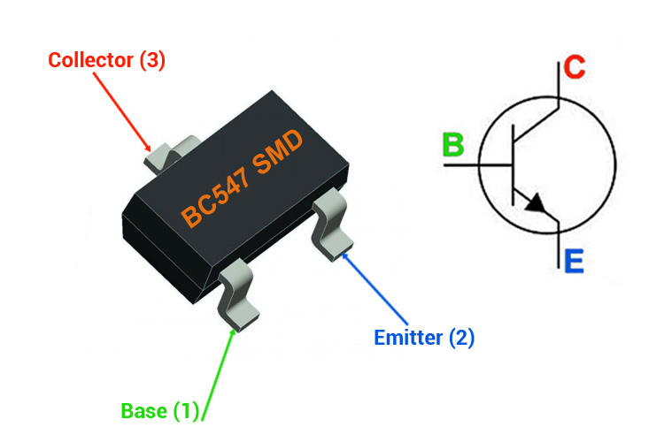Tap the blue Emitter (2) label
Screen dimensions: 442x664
(424, 338)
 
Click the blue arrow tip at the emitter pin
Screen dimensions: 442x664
(344, 254)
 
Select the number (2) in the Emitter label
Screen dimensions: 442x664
(460, 338)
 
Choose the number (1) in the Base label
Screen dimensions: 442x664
(188, 410)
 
